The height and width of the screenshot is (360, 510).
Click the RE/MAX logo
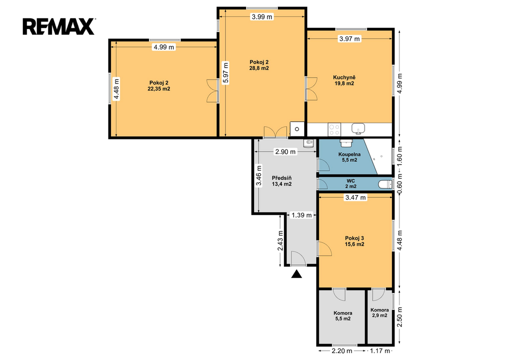pyautogui.click(x=59, y=26)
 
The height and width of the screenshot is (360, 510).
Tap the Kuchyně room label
pyautogui.click(x=344, y=77)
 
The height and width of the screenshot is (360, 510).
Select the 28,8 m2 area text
pyautogui.click(x=259, y=68)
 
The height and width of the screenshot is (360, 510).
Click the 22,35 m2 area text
pyautogui.click(x=159, y=89)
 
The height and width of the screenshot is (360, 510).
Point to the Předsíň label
pyautogui.click(x=281, y=178)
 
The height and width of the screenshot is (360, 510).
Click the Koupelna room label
pyautogui.click(x=349, y=154)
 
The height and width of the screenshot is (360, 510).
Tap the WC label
pyautogui.click(x=351, y=181)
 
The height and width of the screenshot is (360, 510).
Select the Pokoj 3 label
pyautogui.click(x=355, y=238)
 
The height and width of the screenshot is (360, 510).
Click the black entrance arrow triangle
pyautogui.click(x=296, y=274)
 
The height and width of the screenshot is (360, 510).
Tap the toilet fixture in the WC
pyautogui.click(x=385, y=184)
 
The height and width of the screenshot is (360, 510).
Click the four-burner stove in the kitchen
pyautogui.click(x=334, y=129)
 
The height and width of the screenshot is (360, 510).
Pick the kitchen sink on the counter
pyautogui.click(x=358, y=128)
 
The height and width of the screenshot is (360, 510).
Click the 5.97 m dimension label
pyautogui.click(x=226, y=73)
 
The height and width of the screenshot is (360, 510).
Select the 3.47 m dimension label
pyautogui.click(x=356, y=197)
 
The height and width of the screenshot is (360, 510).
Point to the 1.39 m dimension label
pyautogui.click(x=301, y=215)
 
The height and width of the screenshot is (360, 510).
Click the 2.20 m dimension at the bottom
pyautogui.click(x=342, y=351)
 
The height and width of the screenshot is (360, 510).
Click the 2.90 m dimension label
pyautogui.click(x=285, y=151)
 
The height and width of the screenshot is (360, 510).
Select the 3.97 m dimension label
pyautogui.click(x=350, y=39)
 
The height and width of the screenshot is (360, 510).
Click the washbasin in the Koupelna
pyautogui.click(x=346, y=142)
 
